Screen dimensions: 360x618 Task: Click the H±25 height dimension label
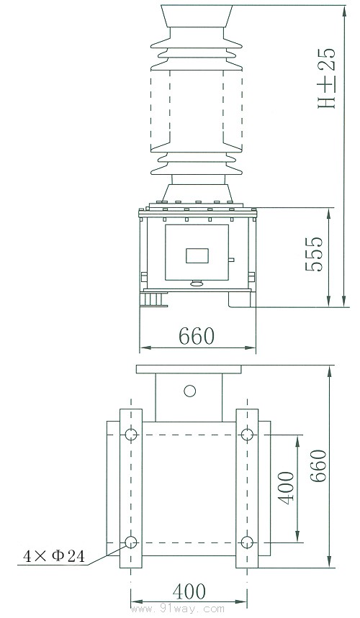(x=327, y=78)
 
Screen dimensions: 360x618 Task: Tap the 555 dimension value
(x=314, y=254)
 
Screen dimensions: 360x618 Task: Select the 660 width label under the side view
(x=197, y=336)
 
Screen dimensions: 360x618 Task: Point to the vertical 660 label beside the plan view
(x=318, y=466)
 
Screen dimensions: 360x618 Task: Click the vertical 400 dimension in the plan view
(x=286, y=488)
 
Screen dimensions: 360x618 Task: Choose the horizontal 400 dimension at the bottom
(x=189, y=591)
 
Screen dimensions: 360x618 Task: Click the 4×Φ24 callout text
(x=53, y=556)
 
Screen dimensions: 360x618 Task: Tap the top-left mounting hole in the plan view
(x=131, y=435)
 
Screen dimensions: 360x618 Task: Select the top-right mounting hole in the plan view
(x=247, y=435)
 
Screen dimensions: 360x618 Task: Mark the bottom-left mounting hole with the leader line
(x=131, y=542)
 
